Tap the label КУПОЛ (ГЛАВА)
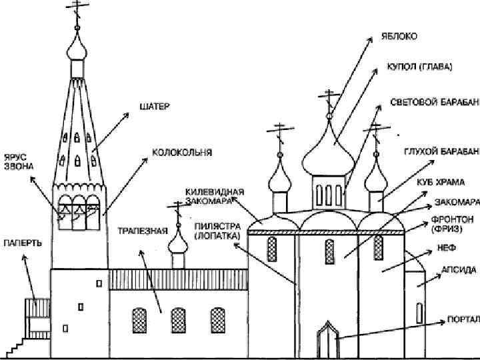pyautogui.click(x=419, y=67)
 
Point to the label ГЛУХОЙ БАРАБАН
pyautogui.click(x=441, y=151)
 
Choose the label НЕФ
pyautogui.click(x=446, y=247)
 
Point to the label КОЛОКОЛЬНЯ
pyautogui.click(x=182, y=153)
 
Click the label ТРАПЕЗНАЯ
pyautogui.click(x=141, y=231)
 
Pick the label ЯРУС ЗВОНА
pyautogui.click(x=18, y=161)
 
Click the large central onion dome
pyautogui.click(x=328, y=151)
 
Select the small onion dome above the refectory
pyautogui.click(x=178, y=242)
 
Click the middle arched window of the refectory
pyautogui.click(x=178, y=320)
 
